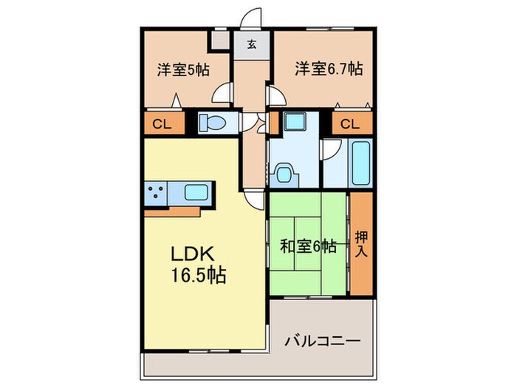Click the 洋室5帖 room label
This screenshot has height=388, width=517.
pos(182,70)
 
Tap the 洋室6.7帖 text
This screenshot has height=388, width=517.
pos(329,69)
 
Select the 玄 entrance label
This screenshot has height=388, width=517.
pos(252,44)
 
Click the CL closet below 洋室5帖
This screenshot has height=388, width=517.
pos(162,123)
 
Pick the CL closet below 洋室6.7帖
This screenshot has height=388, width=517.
pos(351,123)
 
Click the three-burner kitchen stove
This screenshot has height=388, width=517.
pos(155,194)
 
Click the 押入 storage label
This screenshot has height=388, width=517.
pos(361,245)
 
